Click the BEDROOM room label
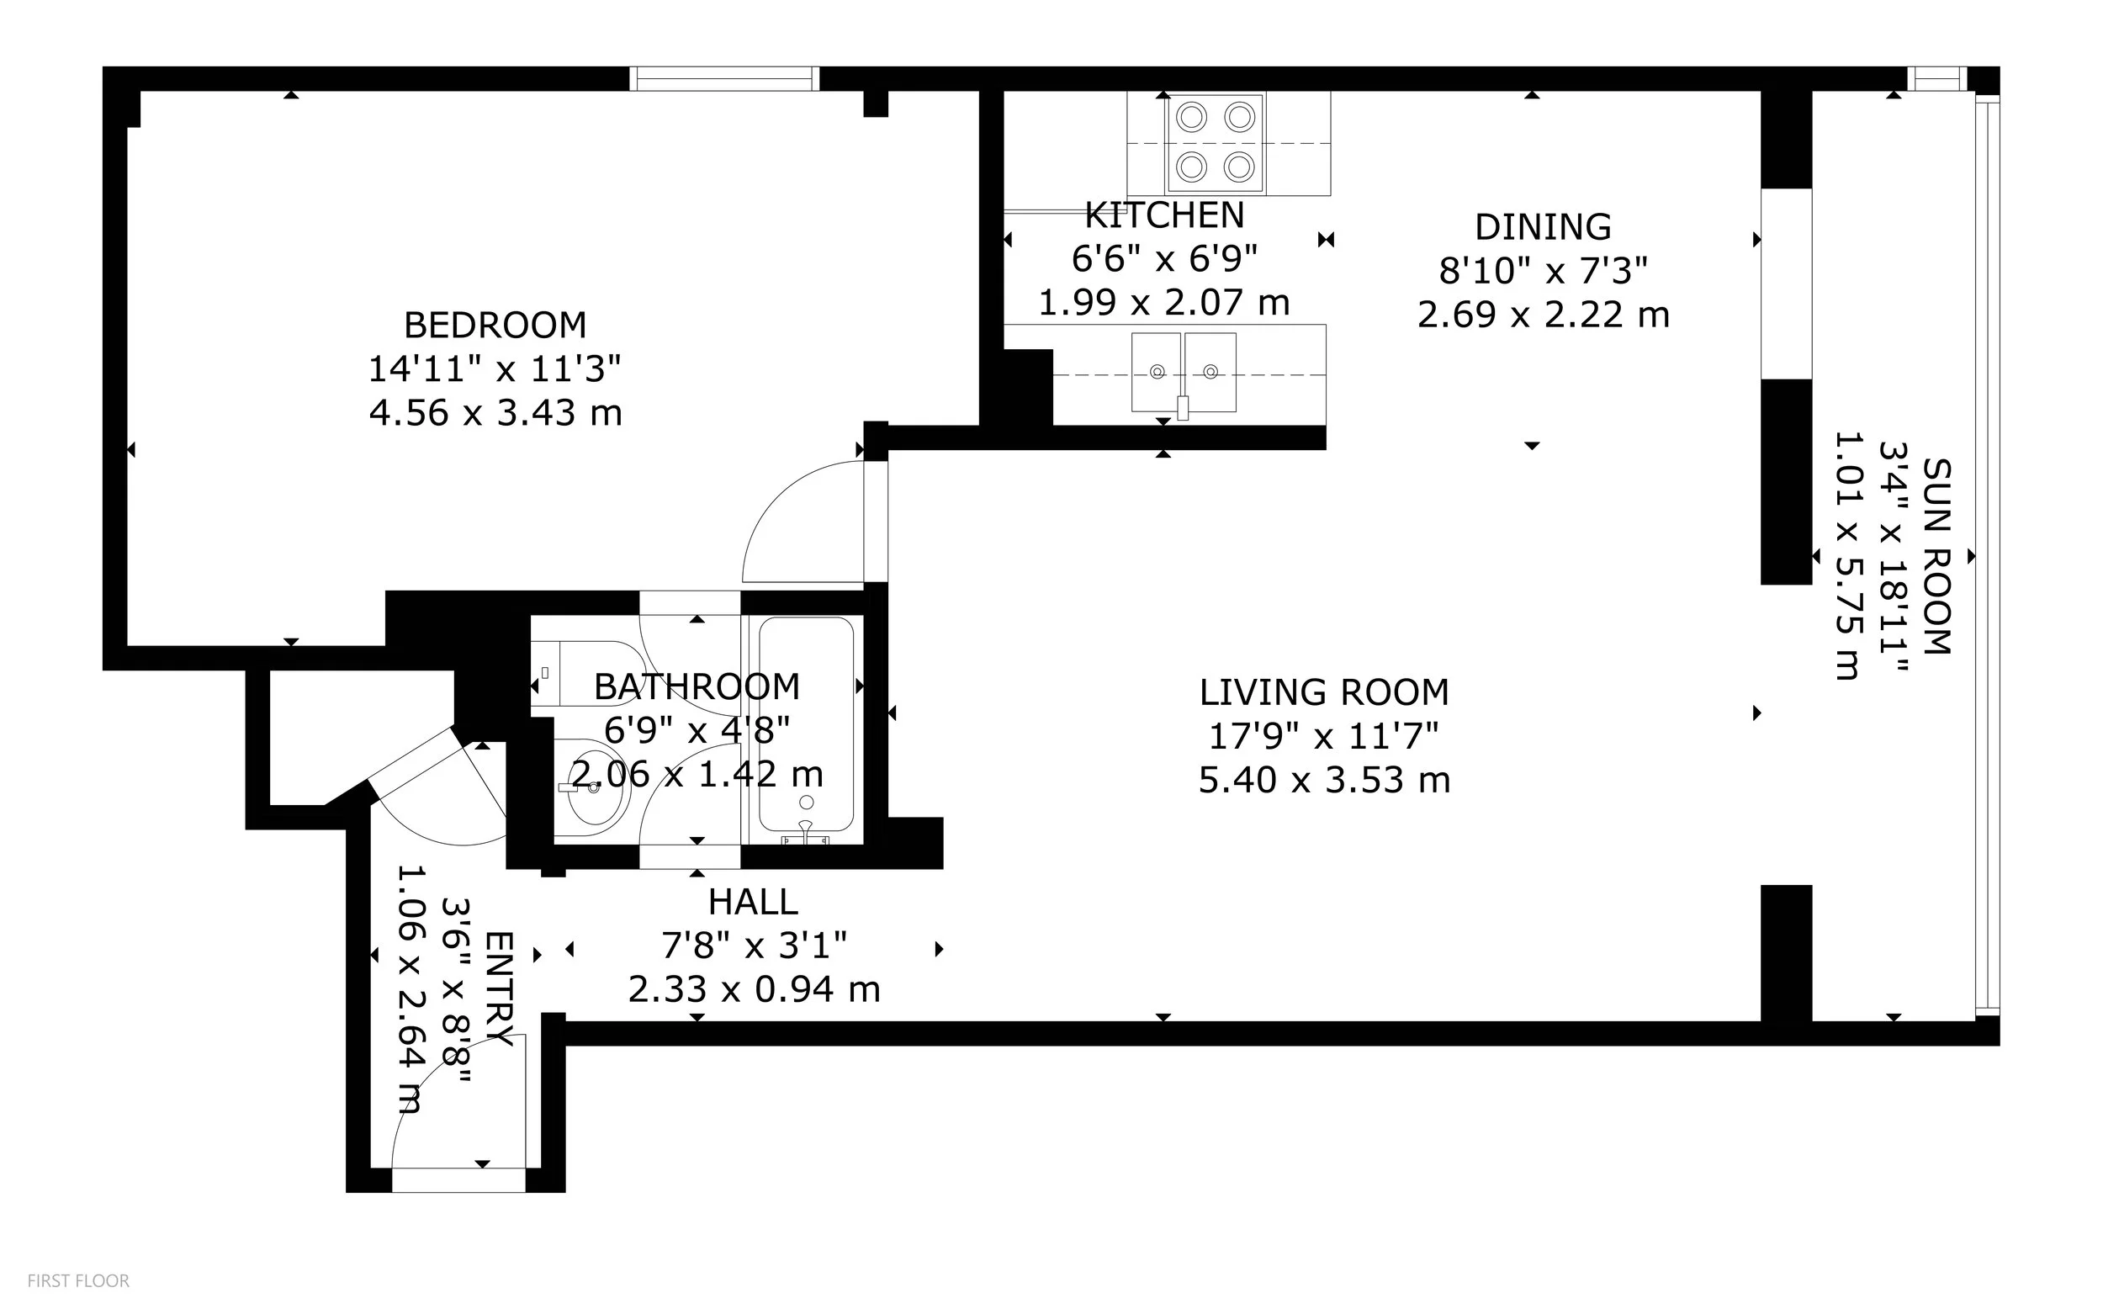495,325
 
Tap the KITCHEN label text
1164,215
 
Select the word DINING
1544,227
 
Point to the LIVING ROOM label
1324,692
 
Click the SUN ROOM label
1937,556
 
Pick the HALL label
754,902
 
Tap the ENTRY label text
500,989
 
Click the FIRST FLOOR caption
78,1281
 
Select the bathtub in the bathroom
807,725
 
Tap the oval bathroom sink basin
591,788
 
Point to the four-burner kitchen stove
1216,143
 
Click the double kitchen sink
1184,372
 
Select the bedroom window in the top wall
725,79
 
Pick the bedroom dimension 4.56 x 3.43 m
495,413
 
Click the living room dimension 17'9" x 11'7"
1324,737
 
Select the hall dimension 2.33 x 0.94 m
754,989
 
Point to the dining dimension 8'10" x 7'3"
1544,271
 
